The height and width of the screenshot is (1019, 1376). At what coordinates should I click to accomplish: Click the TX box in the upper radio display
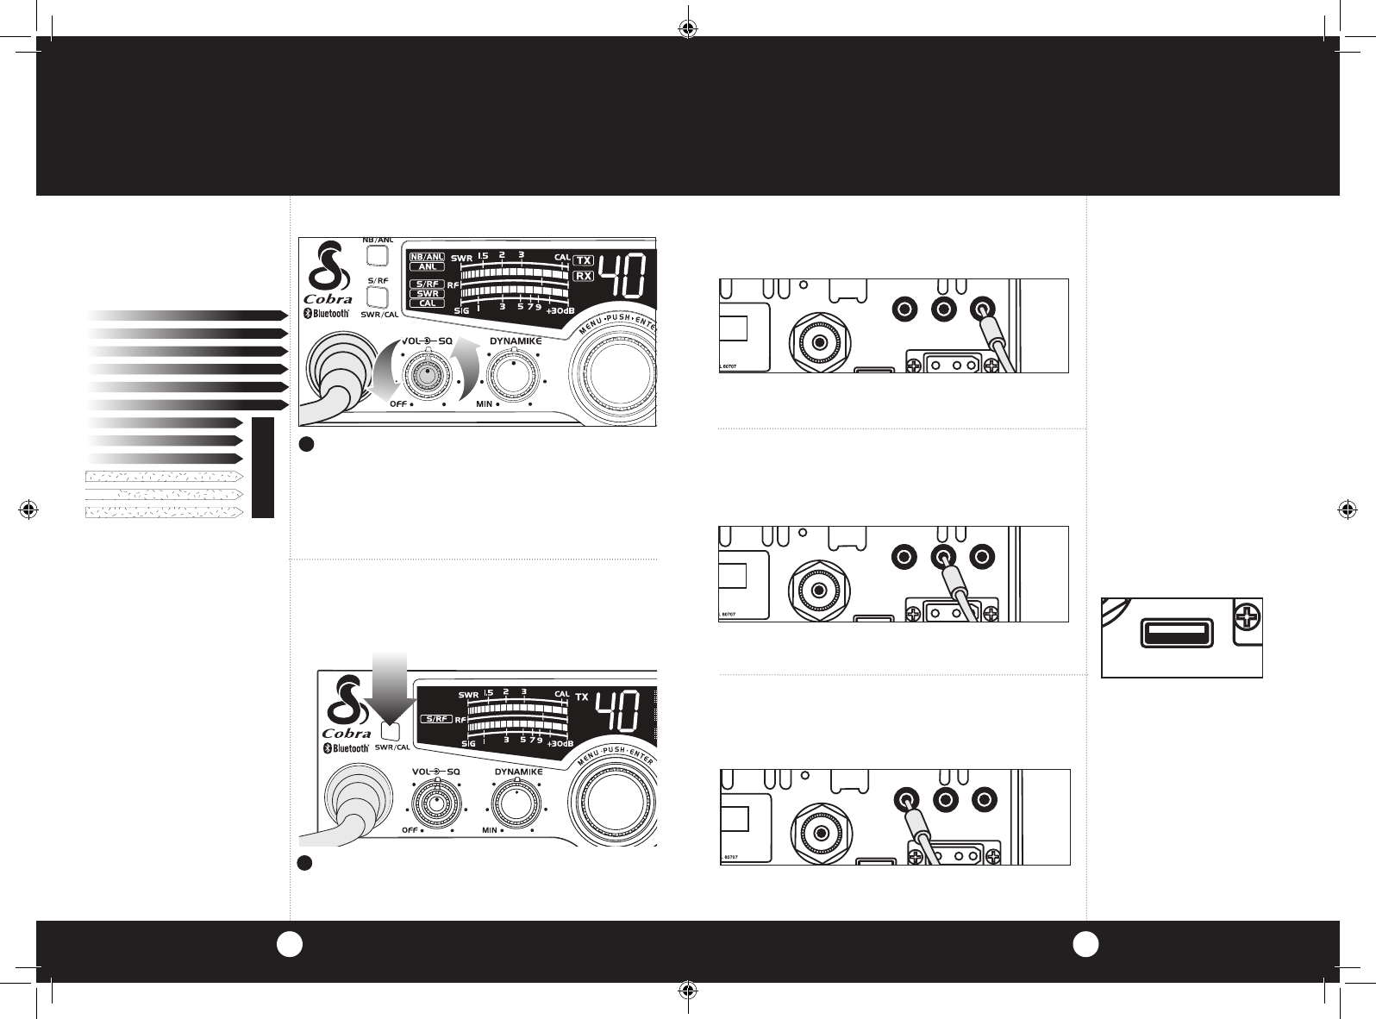tap(584, 259)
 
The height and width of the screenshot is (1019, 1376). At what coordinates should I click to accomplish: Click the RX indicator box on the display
tap(584, 276)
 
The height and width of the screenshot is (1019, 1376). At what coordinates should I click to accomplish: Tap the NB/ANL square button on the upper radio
tap(376, 256)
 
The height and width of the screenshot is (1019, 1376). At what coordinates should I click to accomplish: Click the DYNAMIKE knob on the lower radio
tap(516, 803)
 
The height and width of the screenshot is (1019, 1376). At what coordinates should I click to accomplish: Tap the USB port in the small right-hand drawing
tap(1173, 635)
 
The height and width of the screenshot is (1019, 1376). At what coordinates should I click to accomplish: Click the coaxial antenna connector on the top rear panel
tap(816, 341)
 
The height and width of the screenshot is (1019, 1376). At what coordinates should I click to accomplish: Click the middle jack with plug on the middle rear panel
tap(943, 557)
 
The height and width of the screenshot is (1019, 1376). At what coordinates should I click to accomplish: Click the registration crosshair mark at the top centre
tap(687, 28)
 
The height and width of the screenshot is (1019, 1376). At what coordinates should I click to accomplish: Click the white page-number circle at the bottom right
tap(1085, 944)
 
